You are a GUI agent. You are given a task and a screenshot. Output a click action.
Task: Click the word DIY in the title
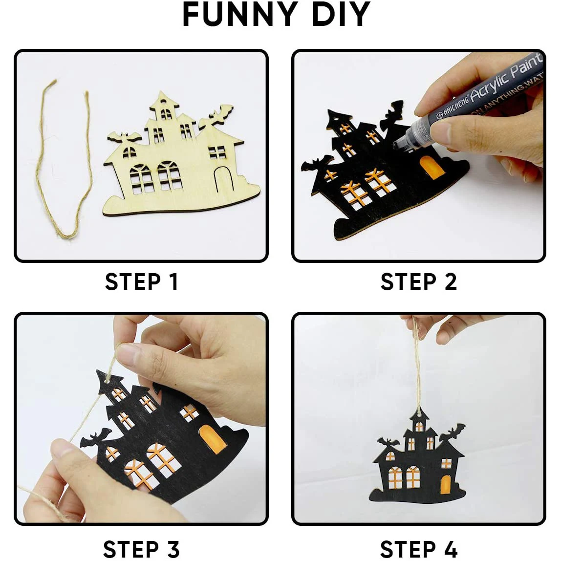click(341, 15)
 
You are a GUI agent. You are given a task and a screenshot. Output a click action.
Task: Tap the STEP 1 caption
click(142, 282)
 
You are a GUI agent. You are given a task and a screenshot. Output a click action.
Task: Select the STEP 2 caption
click(419, 282)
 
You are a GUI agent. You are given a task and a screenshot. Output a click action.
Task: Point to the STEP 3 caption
click(142, 548)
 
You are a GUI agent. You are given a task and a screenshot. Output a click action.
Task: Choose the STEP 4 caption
click(419, 548)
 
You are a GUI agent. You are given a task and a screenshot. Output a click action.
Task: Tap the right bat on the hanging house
click(451, 432)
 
